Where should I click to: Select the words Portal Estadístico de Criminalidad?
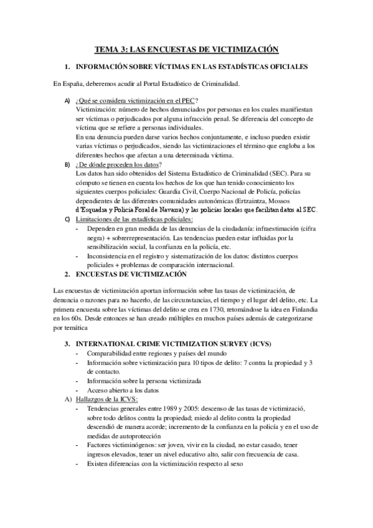pos(184,83)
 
